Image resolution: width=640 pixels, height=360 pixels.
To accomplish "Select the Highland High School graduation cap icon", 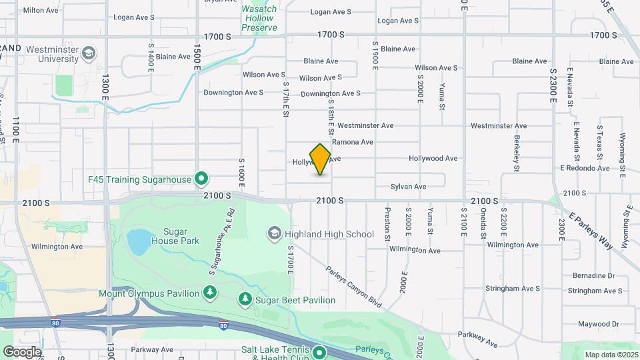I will (274, 233).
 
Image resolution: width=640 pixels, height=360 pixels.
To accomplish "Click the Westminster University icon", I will (89, 52).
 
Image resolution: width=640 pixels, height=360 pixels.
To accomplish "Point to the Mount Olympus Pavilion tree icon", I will (211, 293).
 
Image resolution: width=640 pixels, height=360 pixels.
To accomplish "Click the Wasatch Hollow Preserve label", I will (259, 18).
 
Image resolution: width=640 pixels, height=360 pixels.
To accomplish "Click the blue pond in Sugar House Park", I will (139, 242).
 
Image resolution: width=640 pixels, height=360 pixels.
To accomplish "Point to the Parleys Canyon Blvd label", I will (354, 287).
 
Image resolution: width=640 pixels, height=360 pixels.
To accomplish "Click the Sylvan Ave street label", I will (408, 187).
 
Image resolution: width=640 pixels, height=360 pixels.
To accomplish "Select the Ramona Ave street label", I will (352, 142).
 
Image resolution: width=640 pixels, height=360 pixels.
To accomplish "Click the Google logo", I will (22, 351).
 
